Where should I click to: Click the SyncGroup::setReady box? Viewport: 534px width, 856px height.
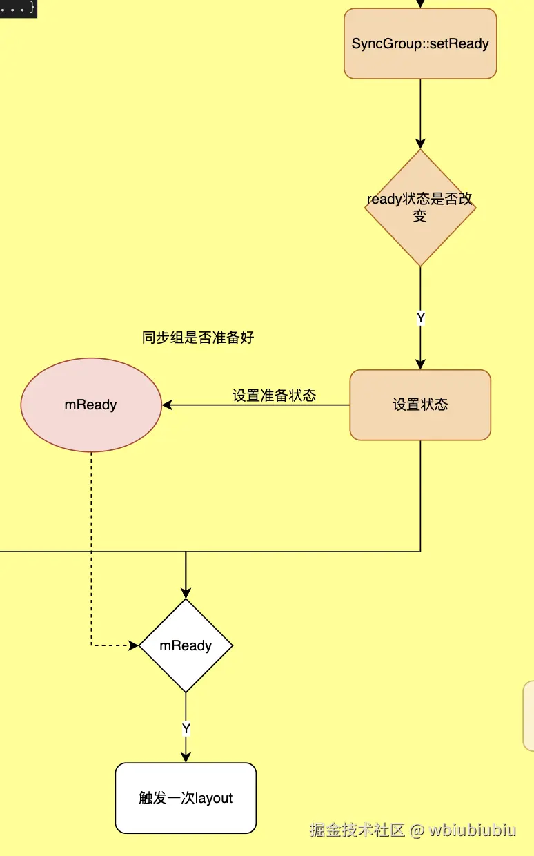(420, 43)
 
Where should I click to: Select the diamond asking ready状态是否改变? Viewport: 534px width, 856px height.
(420, 207)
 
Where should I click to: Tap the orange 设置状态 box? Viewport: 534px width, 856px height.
(420, 405)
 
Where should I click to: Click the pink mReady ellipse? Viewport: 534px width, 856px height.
(91, 405)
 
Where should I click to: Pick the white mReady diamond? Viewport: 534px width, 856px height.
(186, 646)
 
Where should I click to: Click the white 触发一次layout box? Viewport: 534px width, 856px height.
(186, 798)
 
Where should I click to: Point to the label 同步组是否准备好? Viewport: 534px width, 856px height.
(198, 338)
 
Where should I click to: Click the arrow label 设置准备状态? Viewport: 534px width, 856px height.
(274, 396)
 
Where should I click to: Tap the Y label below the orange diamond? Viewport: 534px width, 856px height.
(421, 318)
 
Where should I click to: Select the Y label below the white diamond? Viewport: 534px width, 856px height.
(186, 729)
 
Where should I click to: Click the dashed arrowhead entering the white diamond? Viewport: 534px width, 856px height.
(134, 646)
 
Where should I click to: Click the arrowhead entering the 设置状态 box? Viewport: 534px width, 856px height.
(421, 364)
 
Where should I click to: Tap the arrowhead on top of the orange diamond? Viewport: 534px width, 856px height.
(421, 144)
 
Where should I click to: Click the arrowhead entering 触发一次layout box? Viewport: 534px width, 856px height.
(186, 757)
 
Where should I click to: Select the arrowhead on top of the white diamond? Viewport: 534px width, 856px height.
(186, 593)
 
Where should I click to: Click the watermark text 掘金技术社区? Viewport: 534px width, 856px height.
(357, 830)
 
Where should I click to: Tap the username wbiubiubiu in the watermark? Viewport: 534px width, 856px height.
(473, 830)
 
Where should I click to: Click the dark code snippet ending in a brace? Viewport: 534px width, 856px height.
(18, 8)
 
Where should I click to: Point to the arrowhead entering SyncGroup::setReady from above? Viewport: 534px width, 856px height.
(421, 3)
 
